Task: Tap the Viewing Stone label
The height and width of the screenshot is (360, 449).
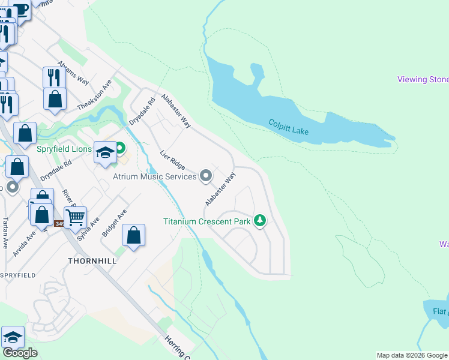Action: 423,80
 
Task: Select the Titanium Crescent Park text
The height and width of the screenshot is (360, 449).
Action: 206,221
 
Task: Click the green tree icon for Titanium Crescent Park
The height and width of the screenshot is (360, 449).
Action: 260,221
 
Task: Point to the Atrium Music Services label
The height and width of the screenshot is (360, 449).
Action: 155,176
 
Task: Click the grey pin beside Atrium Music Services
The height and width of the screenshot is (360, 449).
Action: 206,176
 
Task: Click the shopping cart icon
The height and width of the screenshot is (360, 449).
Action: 75,217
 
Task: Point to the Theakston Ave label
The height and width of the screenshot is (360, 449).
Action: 94,95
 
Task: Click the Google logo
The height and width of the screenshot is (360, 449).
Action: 20,353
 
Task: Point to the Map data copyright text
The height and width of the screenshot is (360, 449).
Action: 412,355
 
